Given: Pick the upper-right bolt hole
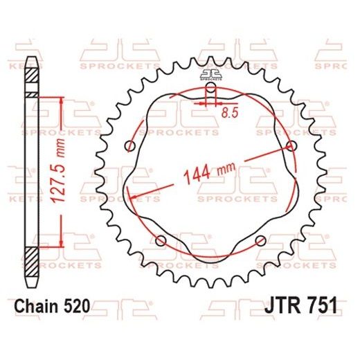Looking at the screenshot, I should pyautogui.click(x=291, y=145).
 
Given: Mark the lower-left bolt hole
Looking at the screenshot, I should pyautogui.click(x=161, y=240).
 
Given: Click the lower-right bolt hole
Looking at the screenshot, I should pyautogui.click(x=260, y=240).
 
